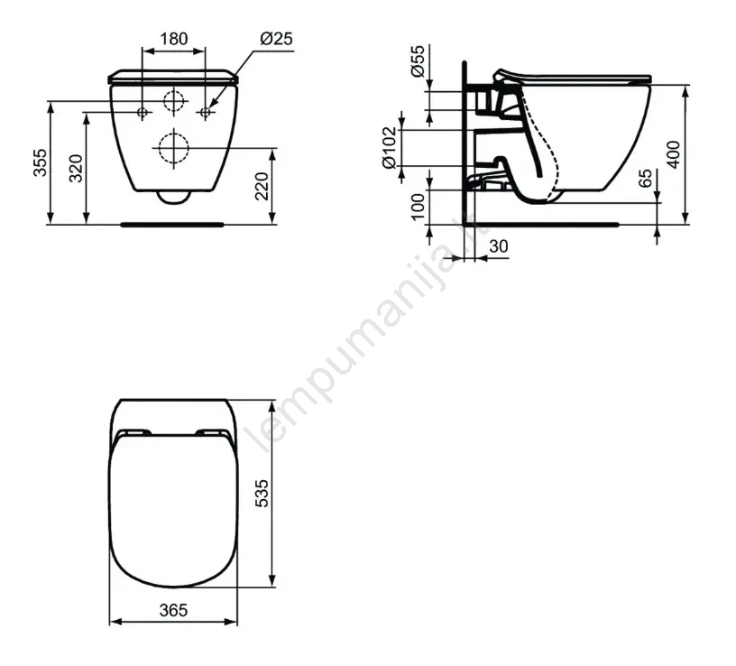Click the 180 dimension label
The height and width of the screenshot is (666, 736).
[174, 39]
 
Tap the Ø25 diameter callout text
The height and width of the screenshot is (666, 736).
[277, 39]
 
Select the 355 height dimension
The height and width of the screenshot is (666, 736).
[41, 162]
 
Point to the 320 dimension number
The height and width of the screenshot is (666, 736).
[76, 168]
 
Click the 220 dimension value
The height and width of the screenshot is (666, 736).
[262, 186]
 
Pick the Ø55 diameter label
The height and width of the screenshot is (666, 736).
[418, 60]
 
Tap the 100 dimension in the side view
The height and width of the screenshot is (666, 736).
[418, 207]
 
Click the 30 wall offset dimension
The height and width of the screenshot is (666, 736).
[499, 246]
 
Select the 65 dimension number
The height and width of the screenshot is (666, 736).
[646, 178]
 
